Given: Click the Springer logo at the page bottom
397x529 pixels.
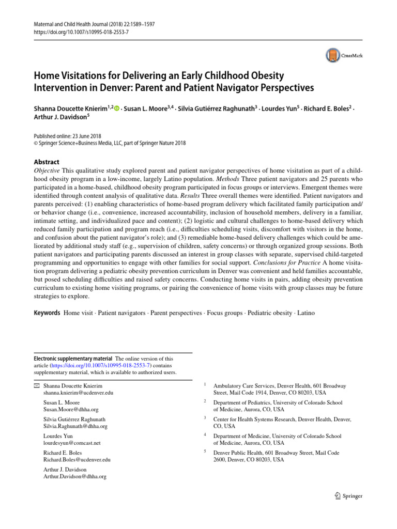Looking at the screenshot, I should pos(348,496).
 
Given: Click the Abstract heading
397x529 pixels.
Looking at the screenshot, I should pos(47,161).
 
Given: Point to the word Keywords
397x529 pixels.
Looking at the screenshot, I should pos(47,313).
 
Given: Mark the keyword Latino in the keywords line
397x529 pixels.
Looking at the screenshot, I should pos(304,313).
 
